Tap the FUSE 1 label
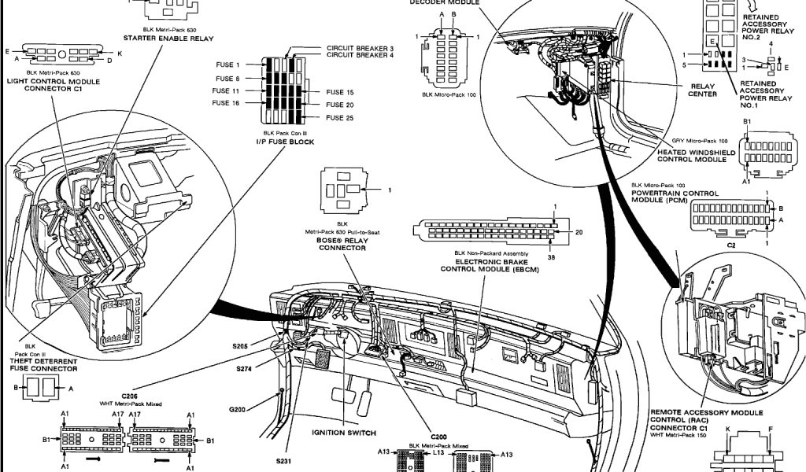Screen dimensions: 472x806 (x=227, y=65)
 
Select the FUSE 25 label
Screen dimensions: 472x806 (x=340, y=118)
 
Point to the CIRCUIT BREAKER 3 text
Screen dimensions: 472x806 (x=360, y=48)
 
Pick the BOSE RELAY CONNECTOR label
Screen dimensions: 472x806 (x=342, y=243)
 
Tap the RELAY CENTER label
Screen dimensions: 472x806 (x=703, y=90)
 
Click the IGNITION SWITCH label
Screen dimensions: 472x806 (x=344, y=433)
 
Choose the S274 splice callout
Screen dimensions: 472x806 (x=246, y=367)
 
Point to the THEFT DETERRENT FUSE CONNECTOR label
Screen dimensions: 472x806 (x=43, y=364)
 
